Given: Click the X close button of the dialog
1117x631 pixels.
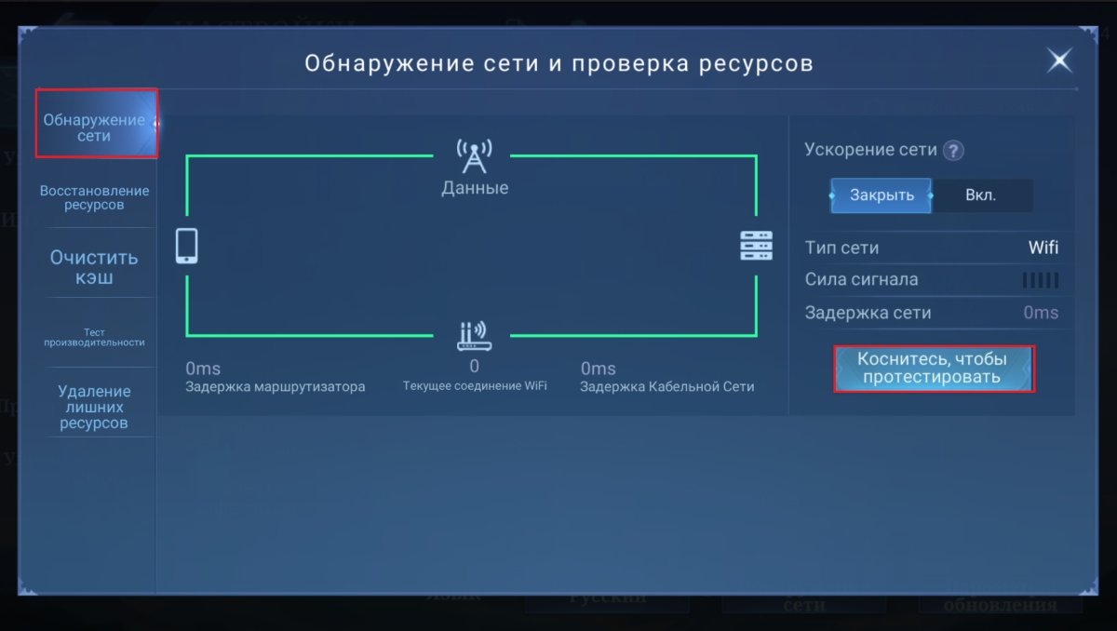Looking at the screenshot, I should tap(1059, 61).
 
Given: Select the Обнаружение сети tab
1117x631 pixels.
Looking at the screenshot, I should tap(95, 128).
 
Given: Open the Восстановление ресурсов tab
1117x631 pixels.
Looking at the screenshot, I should tap(94, 197).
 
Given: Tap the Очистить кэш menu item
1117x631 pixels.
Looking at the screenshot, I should tap(94, 266).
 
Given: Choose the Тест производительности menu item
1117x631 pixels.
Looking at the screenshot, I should tap(94, 337).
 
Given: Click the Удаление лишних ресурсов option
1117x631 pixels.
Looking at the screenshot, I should tap(94, 407).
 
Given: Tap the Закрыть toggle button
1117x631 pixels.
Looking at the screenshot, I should tap(881, 195).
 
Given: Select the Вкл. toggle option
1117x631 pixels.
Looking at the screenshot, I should tap(980, 195).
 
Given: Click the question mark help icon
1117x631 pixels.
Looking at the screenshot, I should tap(952, 151).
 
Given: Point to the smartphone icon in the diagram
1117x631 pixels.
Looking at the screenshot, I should tap(187, 247).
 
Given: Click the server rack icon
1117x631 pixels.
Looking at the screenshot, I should tap(756, 247).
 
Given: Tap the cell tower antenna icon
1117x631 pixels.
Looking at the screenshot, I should tap(474, 157).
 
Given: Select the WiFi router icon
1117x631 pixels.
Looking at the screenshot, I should tap(474, 336).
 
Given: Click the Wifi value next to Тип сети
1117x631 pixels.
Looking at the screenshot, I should tap(1043, 248).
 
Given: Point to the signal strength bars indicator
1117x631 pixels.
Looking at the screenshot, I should tap(1040, 280).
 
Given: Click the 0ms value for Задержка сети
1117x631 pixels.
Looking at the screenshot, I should tap(1040, 313).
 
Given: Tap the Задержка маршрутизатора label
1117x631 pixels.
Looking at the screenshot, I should tap(275, 387).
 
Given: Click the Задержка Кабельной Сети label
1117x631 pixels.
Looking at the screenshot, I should tap(666, 387).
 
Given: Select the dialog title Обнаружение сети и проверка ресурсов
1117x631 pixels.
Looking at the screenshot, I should tap(558, 63).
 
